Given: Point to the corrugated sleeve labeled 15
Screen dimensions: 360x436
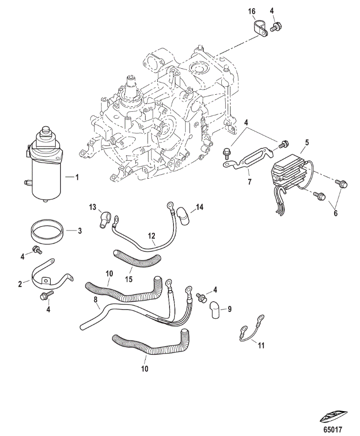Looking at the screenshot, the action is click(136, 259).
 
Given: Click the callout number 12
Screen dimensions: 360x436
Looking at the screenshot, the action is click(151, 236).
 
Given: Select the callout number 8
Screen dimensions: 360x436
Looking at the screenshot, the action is click(96, 300).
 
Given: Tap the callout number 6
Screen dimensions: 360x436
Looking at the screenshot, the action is click(336, 213).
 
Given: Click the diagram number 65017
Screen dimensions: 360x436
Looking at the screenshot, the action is click(333, 429).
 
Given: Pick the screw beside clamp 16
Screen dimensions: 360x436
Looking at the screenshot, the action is click(275, 28).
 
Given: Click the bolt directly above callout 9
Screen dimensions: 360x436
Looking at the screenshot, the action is click(201, 297).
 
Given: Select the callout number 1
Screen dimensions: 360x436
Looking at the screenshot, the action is click(77, 177).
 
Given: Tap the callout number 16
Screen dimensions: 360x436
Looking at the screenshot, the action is click(252, 11).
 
